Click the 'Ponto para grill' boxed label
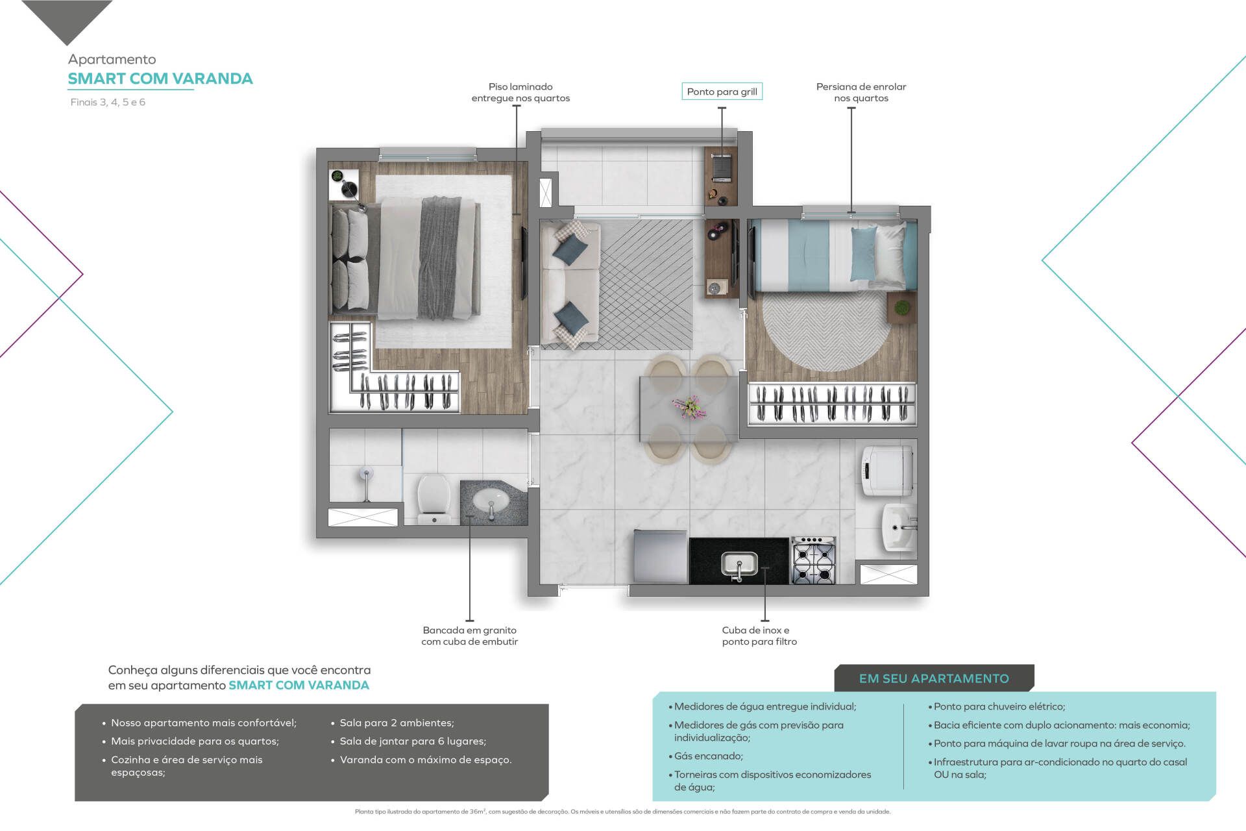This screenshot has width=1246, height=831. (722, 92)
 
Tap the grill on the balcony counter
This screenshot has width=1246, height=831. (722, 167)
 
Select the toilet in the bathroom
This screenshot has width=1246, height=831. (433, 499)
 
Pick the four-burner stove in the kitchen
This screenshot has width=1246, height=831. (813, 560)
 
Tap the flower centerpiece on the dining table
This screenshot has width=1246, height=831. (689, 408)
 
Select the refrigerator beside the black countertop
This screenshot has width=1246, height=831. (661, 557)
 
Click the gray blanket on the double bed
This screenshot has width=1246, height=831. (440, 257)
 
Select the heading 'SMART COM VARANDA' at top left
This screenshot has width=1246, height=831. (160, 79)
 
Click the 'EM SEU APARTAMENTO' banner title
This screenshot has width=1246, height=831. (934, 678)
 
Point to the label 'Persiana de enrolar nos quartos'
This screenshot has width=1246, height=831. (861, 92)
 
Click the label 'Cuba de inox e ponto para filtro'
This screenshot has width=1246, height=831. (759, 636)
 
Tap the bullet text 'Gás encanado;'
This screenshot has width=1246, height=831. (708, 756)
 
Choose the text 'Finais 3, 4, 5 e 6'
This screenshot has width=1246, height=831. (108, 102)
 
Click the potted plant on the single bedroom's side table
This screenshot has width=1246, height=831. (901, 306)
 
